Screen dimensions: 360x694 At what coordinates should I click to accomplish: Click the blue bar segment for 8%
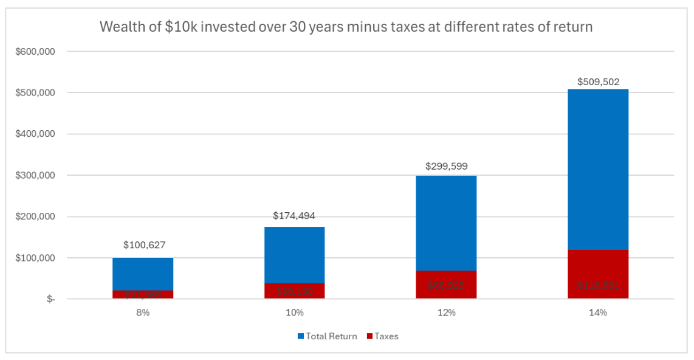[143, 274]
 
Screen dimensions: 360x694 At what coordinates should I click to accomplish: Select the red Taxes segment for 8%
[143, 294]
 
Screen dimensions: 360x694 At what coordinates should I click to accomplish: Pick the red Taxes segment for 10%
[294, 291]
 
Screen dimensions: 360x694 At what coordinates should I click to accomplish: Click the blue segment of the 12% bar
[446, 223]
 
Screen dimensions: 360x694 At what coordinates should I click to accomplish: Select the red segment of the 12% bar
[446, 285]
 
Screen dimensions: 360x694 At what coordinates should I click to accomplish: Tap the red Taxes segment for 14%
[598, 274]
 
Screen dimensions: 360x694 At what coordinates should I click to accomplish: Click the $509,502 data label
[598, 81]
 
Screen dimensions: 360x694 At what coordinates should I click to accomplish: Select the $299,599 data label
[446, 166]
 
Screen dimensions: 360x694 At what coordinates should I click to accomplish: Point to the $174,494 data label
[294, 216]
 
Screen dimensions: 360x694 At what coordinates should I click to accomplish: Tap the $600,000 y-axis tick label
[36, 52]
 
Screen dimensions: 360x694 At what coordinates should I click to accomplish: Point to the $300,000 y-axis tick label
[36, 175]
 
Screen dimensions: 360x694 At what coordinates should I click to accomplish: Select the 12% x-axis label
[446, 313]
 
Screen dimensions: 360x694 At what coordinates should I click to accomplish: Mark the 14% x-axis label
[598, 313]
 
